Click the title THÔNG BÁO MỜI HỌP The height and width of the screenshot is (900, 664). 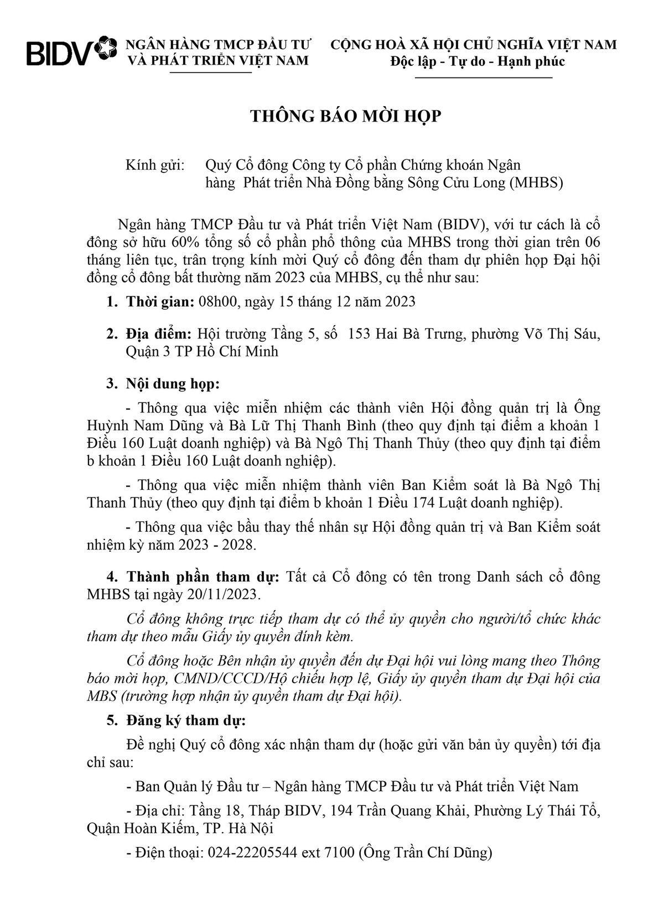[346, 116]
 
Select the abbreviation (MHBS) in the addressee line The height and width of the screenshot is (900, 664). [535, 182]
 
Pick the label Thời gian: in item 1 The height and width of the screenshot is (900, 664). [160, 302]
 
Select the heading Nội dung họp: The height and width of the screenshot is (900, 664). [172, 384]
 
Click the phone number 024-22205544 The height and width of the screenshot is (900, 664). [252, 852]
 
